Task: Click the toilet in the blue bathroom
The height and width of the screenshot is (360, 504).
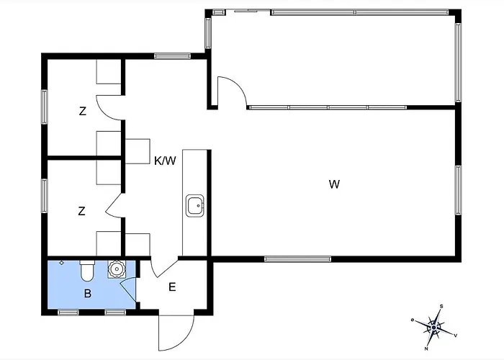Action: (x=87, y=270)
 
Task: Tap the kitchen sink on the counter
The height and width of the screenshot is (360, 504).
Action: (x=195, y=205)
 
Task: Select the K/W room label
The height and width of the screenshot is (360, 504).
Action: (x=165, y=161)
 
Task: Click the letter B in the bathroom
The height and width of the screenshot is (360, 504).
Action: (x=87, y=294)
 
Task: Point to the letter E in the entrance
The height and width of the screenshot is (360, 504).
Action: (x=172, y=287)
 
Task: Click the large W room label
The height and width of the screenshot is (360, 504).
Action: (x=334, y=184)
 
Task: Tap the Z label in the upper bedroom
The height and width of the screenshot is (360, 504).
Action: (x=83, y=111)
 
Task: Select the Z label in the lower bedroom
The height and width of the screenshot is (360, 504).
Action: (x=81, y=211)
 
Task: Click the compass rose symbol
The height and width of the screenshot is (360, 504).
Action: (x=434, y=327)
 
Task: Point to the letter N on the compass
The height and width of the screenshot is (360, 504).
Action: (x=426, y=348)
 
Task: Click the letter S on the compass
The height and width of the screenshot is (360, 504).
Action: (x=441, y=306)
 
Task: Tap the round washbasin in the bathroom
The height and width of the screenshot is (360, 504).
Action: (x=116, y=269)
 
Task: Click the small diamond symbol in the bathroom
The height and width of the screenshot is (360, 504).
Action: (x=62, y=263)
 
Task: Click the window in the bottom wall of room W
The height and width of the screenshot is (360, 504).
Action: (x=297, y=259)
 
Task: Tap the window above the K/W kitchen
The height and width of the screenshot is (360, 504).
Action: (x=172, y=56)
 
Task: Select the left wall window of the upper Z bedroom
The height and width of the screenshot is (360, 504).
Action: (x=45, y=107)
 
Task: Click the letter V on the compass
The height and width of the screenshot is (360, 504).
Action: (x=456, y=336)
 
